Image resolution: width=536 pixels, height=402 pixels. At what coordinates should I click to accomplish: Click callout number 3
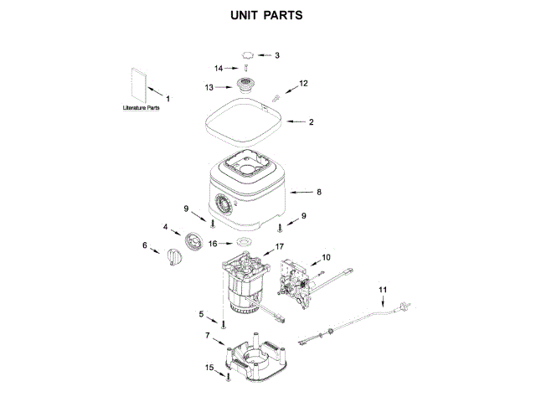pos(277,55)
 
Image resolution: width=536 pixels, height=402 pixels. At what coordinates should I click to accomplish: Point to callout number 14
pos(219,68)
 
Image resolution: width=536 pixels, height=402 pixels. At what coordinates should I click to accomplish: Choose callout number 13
pos(210,85)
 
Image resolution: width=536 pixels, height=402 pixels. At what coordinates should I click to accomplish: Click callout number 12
pos(304,83)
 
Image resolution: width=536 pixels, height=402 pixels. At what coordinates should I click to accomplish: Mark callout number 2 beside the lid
pos(312,122)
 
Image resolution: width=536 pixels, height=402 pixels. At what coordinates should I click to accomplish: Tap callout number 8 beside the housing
pos(319,192)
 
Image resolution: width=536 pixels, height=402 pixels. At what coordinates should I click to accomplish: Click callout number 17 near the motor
pos(280,247)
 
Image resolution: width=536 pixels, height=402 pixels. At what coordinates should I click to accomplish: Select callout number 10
pos(327,257)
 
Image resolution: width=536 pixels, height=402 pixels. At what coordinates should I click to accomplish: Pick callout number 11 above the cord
pos(384,290)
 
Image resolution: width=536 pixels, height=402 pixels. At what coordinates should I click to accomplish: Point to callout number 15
pos(209,367)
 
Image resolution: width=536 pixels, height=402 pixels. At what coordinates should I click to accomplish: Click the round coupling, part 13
pos(246,85)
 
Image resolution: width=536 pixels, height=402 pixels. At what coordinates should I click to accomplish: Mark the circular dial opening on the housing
pos(224,204)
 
